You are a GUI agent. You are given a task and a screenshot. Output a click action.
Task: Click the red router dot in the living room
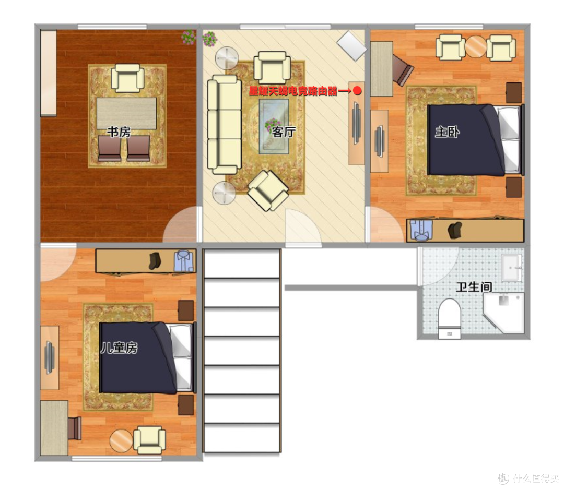357,91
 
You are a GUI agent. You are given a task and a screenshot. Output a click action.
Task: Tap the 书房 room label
119,132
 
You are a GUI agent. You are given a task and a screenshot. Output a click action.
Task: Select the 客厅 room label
284,132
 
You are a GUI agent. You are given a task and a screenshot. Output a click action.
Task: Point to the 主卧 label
447,132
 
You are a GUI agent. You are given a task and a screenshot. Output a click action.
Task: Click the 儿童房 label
119,348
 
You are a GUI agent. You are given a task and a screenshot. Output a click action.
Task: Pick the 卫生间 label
474,287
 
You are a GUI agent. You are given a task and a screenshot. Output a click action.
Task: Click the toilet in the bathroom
450,318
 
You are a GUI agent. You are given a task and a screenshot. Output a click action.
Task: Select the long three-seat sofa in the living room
224,124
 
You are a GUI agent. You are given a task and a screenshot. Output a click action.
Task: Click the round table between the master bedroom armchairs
476,47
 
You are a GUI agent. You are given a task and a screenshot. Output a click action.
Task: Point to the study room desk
126,113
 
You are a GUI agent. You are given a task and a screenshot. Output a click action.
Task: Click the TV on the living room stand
357,123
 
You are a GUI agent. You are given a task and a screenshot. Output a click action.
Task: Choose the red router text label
293,91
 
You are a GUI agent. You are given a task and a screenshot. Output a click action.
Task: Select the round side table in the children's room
121,440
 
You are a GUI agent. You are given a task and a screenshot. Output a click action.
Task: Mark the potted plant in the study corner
189,38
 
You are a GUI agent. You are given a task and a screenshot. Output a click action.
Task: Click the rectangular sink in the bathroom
511,268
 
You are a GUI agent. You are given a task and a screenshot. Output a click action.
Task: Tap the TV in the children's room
49,357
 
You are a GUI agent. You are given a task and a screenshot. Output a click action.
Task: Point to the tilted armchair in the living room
268,190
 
